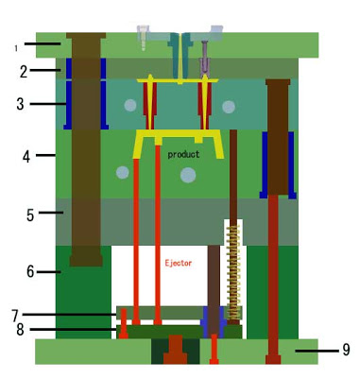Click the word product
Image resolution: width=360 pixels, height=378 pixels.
(x=183, y=154)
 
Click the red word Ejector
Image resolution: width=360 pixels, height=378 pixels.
(x=179, y=263)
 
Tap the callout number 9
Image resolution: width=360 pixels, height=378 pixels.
(x=346, y=350)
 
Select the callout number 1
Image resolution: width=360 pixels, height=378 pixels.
(x=16, y=48)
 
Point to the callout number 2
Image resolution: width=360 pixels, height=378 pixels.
(x=24, y=72)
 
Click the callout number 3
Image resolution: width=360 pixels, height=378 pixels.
(x=20, y=104)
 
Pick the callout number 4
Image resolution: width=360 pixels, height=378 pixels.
(x=26, y=157)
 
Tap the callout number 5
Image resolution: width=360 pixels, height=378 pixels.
(x=30, y=215)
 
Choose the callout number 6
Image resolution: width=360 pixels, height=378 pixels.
(x=30, y=271)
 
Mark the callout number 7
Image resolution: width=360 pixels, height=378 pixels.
(x=15, y=316)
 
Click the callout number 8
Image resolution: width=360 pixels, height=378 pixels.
(x=20, y=330)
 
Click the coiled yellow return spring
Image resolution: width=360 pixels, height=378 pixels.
(x=233, y=272)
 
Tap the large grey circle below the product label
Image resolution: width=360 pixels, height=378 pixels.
(x=188, y=175)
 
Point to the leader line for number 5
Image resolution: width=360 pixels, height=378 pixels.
(x=51, y=213)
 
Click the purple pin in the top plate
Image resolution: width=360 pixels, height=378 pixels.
(x=205, y=59)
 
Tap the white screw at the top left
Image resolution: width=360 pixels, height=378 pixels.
(x=143, y=38)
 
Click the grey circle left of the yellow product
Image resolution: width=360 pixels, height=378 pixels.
(x=122, y=173)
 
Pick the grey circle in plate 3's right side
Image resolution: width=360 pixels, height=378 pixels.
(x=229, y=107)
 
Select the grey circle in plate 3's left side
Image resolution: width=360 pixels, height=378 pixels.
(x=130, y=106)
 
